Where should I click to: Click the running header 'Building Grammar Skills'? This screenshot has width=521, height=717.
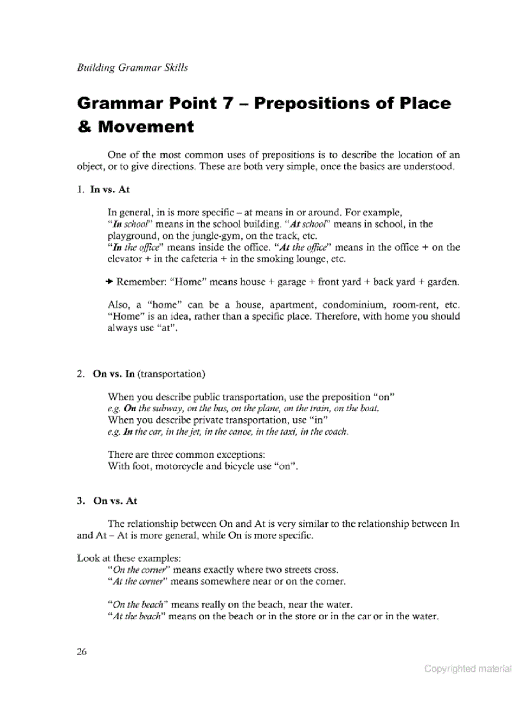[x=132, y=67]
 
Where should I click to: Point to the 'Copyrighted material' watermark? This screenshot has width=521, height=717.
[x=468, y=669]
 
